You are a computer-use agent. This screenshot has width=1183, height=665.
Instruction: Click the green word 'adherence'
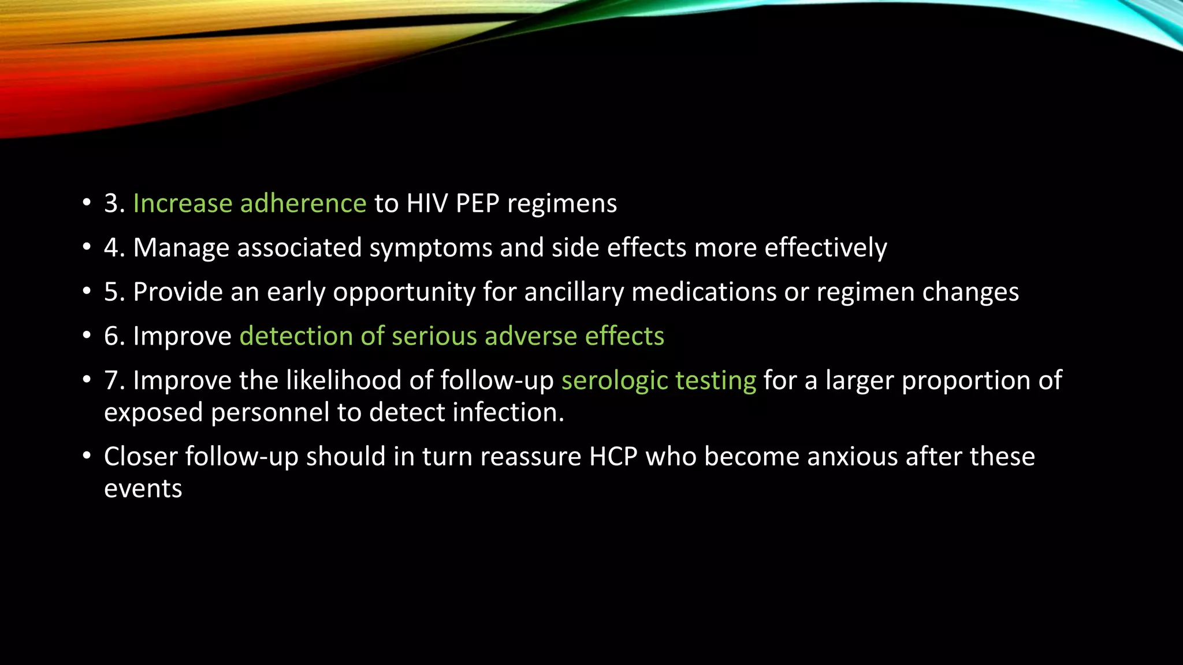(x=303, y=203)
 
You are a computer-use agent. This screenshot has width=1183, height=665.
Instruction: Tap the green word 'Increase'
(x=183, y=203)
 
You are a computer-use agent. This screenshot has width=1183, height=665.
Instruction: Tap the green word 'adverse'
(x=531, y=336)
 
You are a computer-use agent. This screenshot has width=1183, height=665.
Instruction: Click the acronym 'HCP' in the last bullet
(x=613, y=457)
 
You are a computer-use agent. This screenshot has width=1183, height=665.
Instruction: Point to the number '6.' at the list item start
(x=114, y=336)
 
